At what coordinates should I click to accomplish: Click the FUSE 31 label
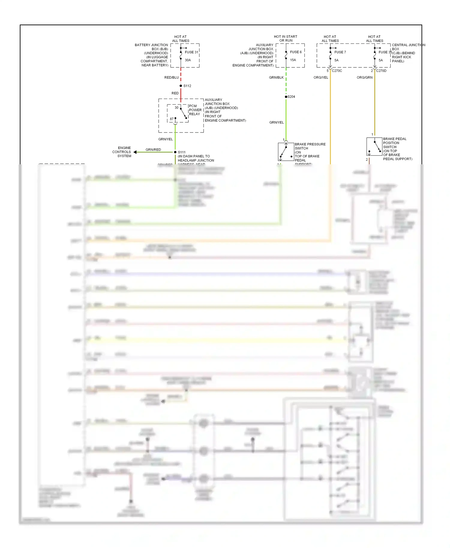tap(191, 52)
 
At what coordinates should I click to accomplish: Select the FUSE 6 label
tap(296, 52)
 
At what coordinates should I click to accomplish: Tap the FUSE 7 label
tap(340, 52)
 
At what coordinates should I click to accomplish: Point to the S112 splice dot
tap(181, 86)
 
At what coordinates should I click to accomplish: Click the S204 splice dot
tap(286, 97)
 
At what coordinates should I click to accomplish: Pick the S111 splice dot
tap(175, 152)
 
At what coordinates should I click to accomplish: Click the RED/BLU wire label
tap(171, 78)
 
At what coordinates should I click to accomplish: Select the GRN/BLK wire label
tap(276, 78)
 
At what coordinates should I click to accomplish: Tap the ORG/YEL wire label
tap(321, 78)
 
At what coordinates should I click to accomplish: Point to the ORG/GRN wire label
tap(364, 78)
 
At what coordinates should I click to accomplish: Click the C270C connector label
tap(337, 71)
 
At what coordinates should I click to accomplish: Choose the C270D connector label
tap(381, 71)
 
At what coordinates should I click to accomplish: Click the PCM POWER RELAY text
tap(195, 110)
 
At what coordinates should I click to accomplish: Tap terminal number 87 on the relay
tap(172, 119)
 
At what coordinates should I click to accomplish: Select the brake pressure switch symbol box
tap(286, 152)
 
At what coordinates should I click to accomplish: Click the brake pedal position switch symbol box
tap(374, 146)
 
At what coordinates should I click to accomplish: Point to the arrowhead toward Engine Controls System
tap(135, 152)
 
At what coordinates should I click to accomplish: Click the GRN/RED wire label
tap(153, 150)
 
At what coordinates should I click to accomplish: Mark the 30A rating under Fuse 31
tap(188, 60)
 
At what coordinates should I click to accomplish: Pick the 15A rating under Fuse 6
tap(293, 60)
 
